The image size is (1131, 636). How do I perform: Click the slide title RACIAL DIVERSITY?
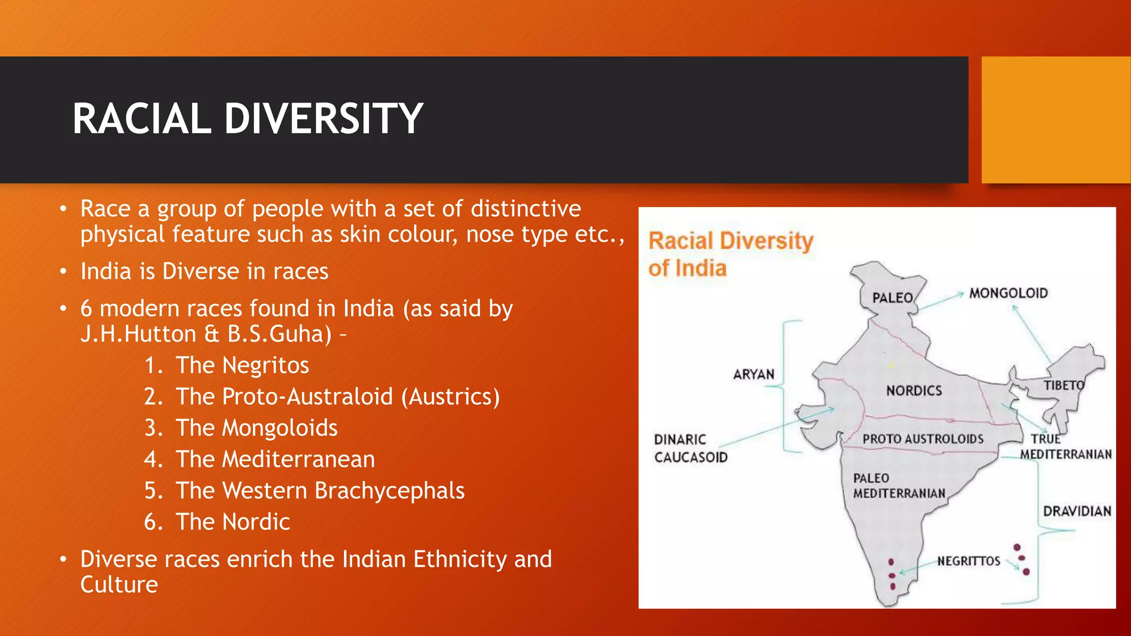(247, 119)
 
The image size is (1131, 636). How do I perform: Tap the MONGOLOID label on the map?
(1008, 293)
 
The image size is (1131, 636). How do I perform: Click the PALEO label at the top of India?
(892, 298)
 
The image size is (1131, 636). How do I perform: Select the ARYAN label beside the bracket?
(754, 375)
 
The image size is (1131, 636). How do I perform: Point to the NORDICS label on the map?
(914, 391)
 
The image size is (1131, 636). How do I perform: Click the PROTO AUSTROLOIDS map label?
(923, 439)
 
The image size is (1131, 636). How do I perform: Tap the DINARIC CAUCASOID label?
(690, 448)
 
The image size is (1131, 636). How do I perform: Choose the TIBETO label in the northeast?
(1064, 385)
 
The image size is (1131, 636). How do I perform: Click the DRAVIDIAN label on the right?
(1077, 511)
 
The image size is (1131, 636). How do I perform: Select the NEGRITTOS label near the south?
(969, 561)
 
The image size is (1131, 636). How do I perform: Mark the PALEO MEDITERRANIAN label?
(899, 486)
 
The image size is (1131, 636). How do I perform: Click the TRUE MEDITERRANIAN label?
(1065, 447)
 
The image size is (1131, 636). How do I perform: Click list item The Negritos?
(242, 365)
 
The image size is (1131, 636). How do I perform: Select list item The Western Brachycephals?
(320, 491)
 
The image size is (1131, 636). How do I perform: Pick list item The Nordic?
(232, 522)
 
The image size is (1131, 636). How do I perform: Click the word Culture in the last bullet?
(119, 585)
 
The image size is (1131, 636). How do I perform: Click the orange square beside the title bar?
(1055, 120)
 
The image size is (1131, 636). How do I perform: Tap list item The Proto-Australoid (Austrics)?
(337, 397)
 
